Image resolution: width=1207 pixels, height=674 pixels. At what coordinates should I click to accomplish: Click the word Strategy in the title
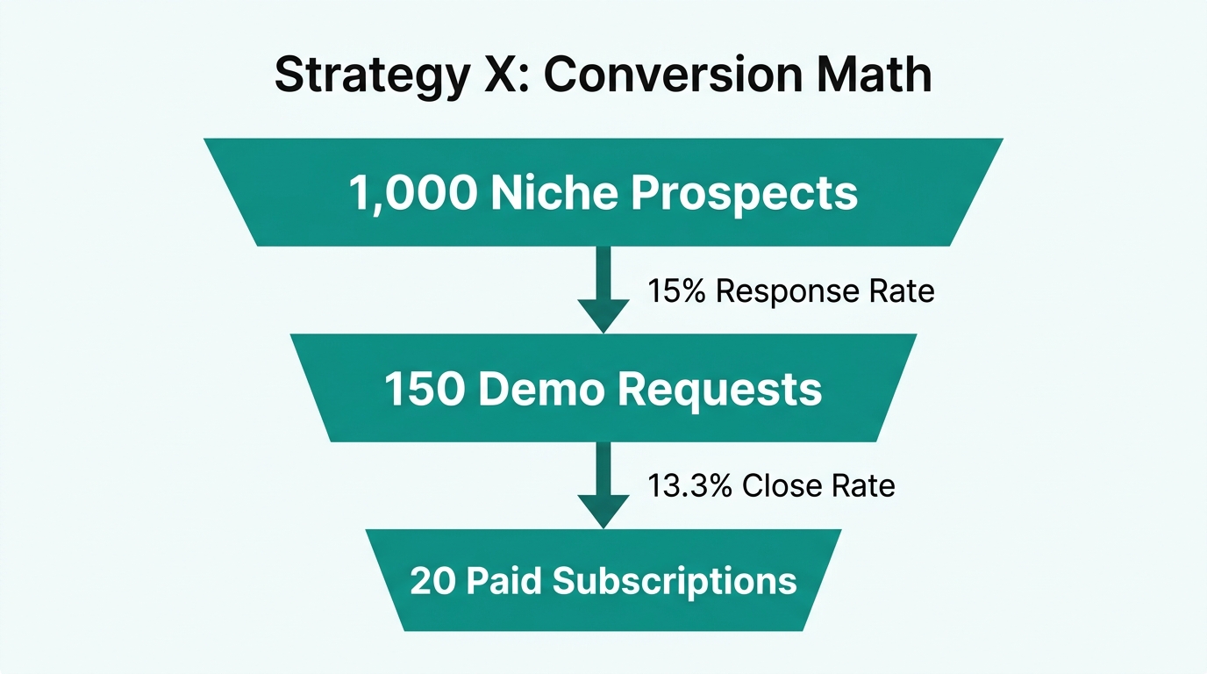click(372, 75)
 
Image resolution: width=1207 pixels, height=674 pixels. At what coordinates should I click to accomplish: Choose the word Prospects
click(745, 193)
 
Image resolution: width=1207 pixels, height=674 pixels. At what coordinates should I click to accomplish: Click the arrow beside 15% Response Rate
click(603, 290)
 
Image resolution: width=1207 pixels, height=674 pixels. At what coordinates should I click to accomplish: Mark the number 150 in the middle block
click(424, 389)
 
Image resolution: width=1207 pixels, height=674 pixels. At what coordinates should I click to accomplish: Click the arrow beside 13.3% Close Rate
click(603, 484)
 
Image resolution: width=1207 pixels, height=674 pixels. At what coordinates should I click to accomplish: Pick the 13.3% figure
click(690, 485)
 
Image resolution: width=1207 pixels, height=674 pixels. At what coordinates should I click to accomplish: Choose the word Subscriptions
click(674, 580)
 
